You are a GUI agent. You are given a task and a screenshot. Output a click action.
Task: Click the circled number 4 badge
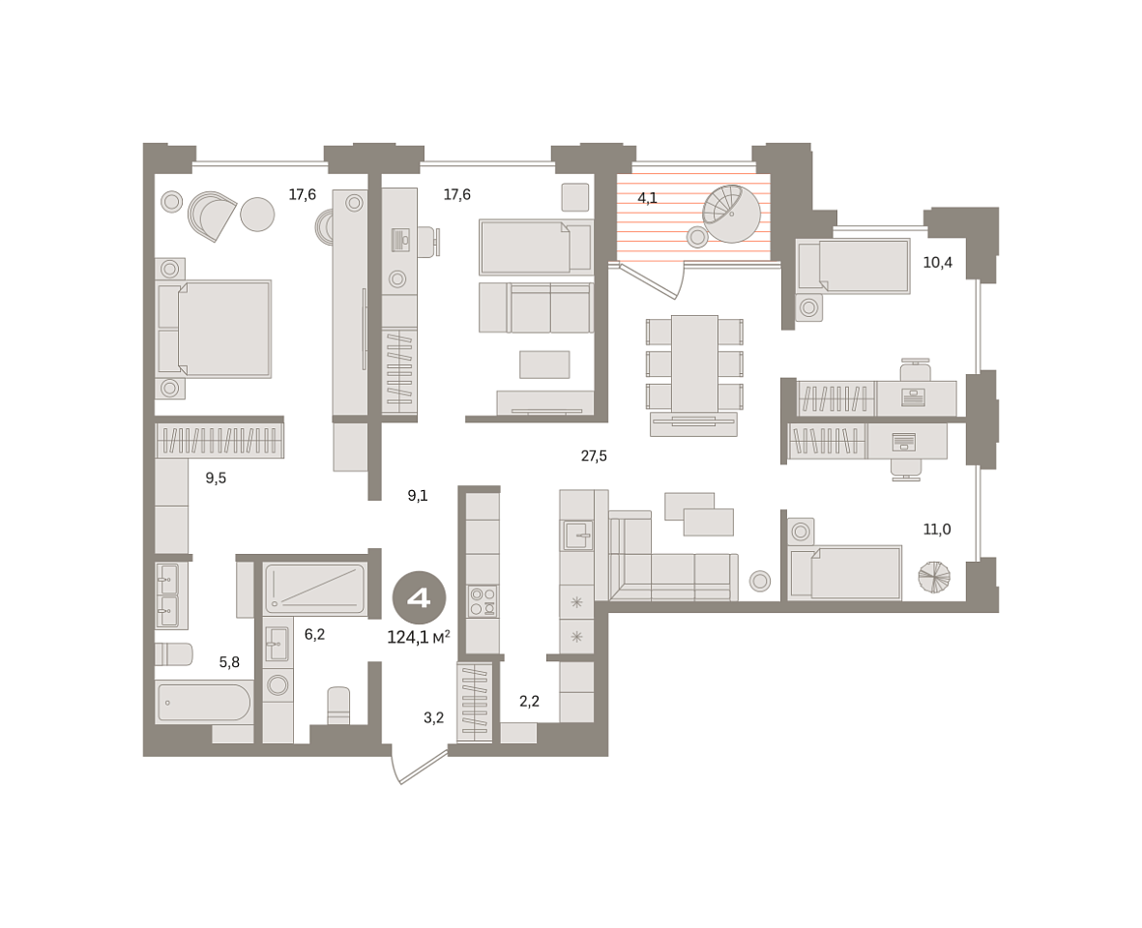tap(420, 598)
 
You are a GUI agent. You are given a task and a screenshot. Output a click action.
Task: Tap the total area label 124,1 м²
tap(419, 638)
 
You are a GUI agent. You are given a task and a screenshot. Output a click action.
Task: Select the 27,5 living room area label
tap(594, 456)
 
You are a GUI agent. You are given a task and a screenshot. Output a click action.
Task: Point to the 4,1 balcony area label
tap(648, 198)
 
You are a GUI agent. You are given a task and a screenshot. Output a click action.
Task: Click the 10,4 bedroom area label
tap(937, 263)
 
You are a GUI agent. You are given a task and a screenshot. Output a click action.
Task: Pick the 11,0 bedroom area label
tap(937, 530)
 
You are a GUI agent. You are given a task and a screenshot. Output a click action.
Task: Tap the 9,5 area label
tap(216, 478)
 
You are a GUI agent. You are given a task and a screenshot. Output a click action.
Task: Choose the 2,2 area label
tap(530, 702)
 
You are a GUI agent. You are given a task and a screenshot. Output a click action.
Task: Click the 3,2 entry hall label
tap(433, 718)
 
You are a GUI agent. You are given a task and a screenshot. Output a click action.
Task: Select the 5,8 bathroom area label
tap(229, 662)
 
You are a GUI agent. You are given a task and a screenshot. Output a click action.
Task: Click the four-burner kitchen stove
tap(483, 601)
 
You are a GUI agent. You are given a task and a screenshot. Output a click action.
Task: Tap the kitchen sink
tap(577, 535)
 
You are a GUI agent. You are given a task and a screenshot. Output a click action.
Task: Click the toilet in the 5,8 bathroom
tap(173, 654)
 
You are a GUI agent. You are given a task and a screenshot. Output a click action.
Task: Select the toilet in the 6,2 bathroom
tap(338, 706)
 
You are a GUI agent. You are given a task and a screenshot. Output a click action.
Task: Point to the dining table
tap(695, 363)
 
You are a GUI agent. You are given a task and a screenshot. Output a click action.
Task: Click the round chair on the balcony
tap(731, 214)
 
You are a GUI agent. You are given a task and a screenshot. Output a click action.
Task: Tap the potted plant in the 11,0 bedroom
tap(934, 577)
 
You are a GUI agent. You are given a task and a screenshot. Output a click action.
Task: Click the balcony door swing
tap(652, 280)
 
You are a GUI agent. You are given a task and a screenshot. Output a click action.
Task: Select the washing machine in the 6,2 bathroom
tap(278, 684)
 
